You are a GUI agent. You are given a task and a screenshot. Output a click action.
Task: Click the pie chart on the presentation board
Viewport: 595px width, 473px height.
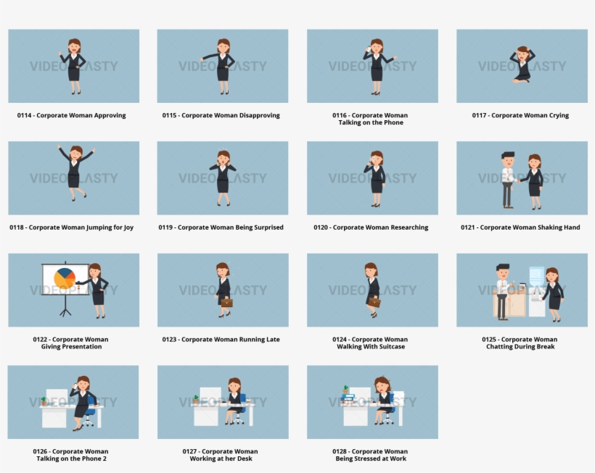[x=65, y=278]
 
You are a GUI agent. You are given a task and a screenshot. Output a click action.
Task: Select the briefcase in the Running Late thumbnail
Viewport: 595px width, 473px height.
[x=227, y=302]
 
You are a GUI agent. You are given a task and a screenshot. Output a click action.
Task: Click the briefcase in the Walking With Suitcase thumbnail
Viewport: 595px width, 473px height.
[x=374, y=301]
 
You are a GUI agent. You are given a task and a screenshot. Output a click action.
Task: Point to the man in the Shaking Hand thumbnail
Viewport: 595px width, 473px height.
[x=508, y=180]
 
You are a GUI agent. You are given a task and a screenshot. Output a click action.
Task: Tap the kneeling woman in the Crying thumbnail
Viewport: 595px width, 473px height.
[x=522, y=65]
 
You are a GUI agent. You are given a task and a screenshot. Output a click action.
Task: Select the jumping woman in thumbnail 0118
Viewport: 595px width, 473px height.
[x=75, y=172]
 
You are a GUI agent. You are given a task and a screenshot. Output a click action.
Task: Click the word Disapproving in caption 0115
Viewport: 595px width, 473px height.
[x=259, y=115]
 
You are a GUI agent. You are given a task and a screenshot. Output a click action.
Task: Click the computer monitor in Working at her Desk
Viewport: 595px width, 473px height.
[x=210, y=395]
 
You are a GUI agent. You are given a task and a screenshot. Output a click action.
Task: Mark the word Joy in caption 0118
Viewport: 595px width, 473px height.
[x=128, y=227]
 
